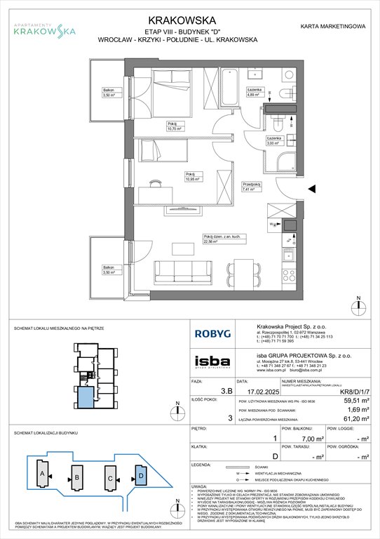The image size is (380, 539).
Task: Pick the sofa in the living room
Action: click(x=185, y=269)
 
